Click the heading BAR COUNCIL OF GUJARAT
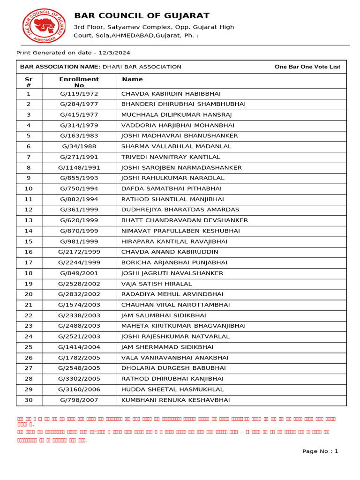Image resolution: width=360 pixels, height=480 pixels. [142, 16]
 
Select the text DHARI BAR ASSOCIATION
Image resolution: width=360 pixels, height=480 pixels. [142, 67]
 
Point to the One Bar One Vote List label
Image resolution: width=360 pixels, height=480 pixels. [307, 67]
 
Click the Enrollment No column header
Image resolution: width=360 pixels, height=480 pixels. [79, 82]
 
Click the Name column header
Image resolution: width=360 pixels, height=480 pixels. [132, 79]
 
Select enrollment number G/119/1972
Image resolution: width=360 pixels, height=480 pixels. [79, 94]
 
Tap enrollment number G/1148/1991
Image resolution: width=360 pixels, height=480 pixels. [79, 168]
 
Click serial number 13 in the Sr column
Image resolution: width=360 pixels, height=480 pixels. [29, 220]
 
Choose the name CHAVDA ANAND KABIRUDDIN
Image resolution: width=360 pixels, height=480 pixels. [170, 252]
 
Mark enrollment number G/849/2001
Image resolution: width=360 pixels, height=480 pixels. [79, 273]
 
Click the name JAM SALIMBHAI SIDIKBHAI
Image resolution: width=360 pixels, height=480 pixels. [164, 315]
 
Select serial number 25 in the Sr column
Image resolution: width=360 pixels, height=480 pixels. [29, 347]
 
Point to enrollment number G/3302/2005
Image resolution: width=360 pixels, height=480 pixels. [79, 379]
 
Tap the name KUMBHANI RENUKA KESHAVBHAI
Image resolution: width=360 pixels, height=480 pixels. [176, 400]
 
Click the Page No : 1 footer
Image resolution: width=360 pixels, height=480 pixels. [320, 451]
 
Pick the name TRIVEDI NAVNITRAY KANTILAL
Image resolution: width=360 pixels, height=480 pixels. [171, 157]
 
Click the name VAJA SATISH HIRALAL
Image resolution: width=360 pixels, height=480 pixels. [157, 284]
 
